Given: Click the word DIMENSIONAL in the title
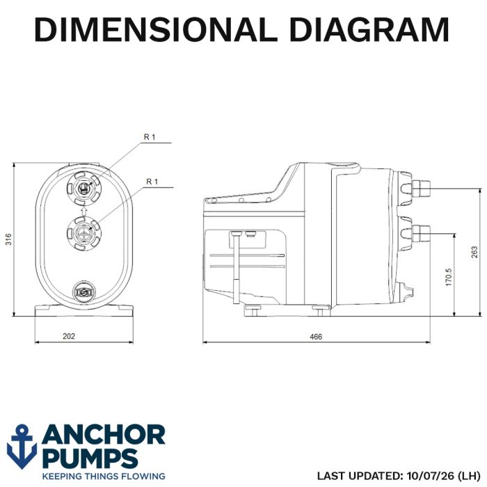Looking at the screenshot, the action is tap(156, 29).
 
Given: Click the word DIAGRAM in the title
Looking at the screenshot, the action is tap(369, 29).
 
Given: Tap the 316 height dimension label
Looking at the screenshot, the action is tap(8, 239).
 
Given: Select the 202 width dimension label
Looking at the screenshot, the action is tap(69, 336).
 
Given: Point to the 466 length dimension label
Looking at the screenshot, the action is tap(316, 337).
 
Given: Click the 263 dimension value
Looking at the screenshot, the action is tap(474, 252).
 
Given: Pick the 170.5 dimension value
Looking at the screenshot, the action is tap(449, 277).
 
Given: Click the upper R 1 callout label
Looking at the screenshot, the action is tap(150, 137).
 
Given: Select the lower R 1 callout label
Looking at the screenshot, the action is tap(152, 182).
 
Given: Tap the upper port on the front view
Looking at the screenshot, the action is tap(84, 189).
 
